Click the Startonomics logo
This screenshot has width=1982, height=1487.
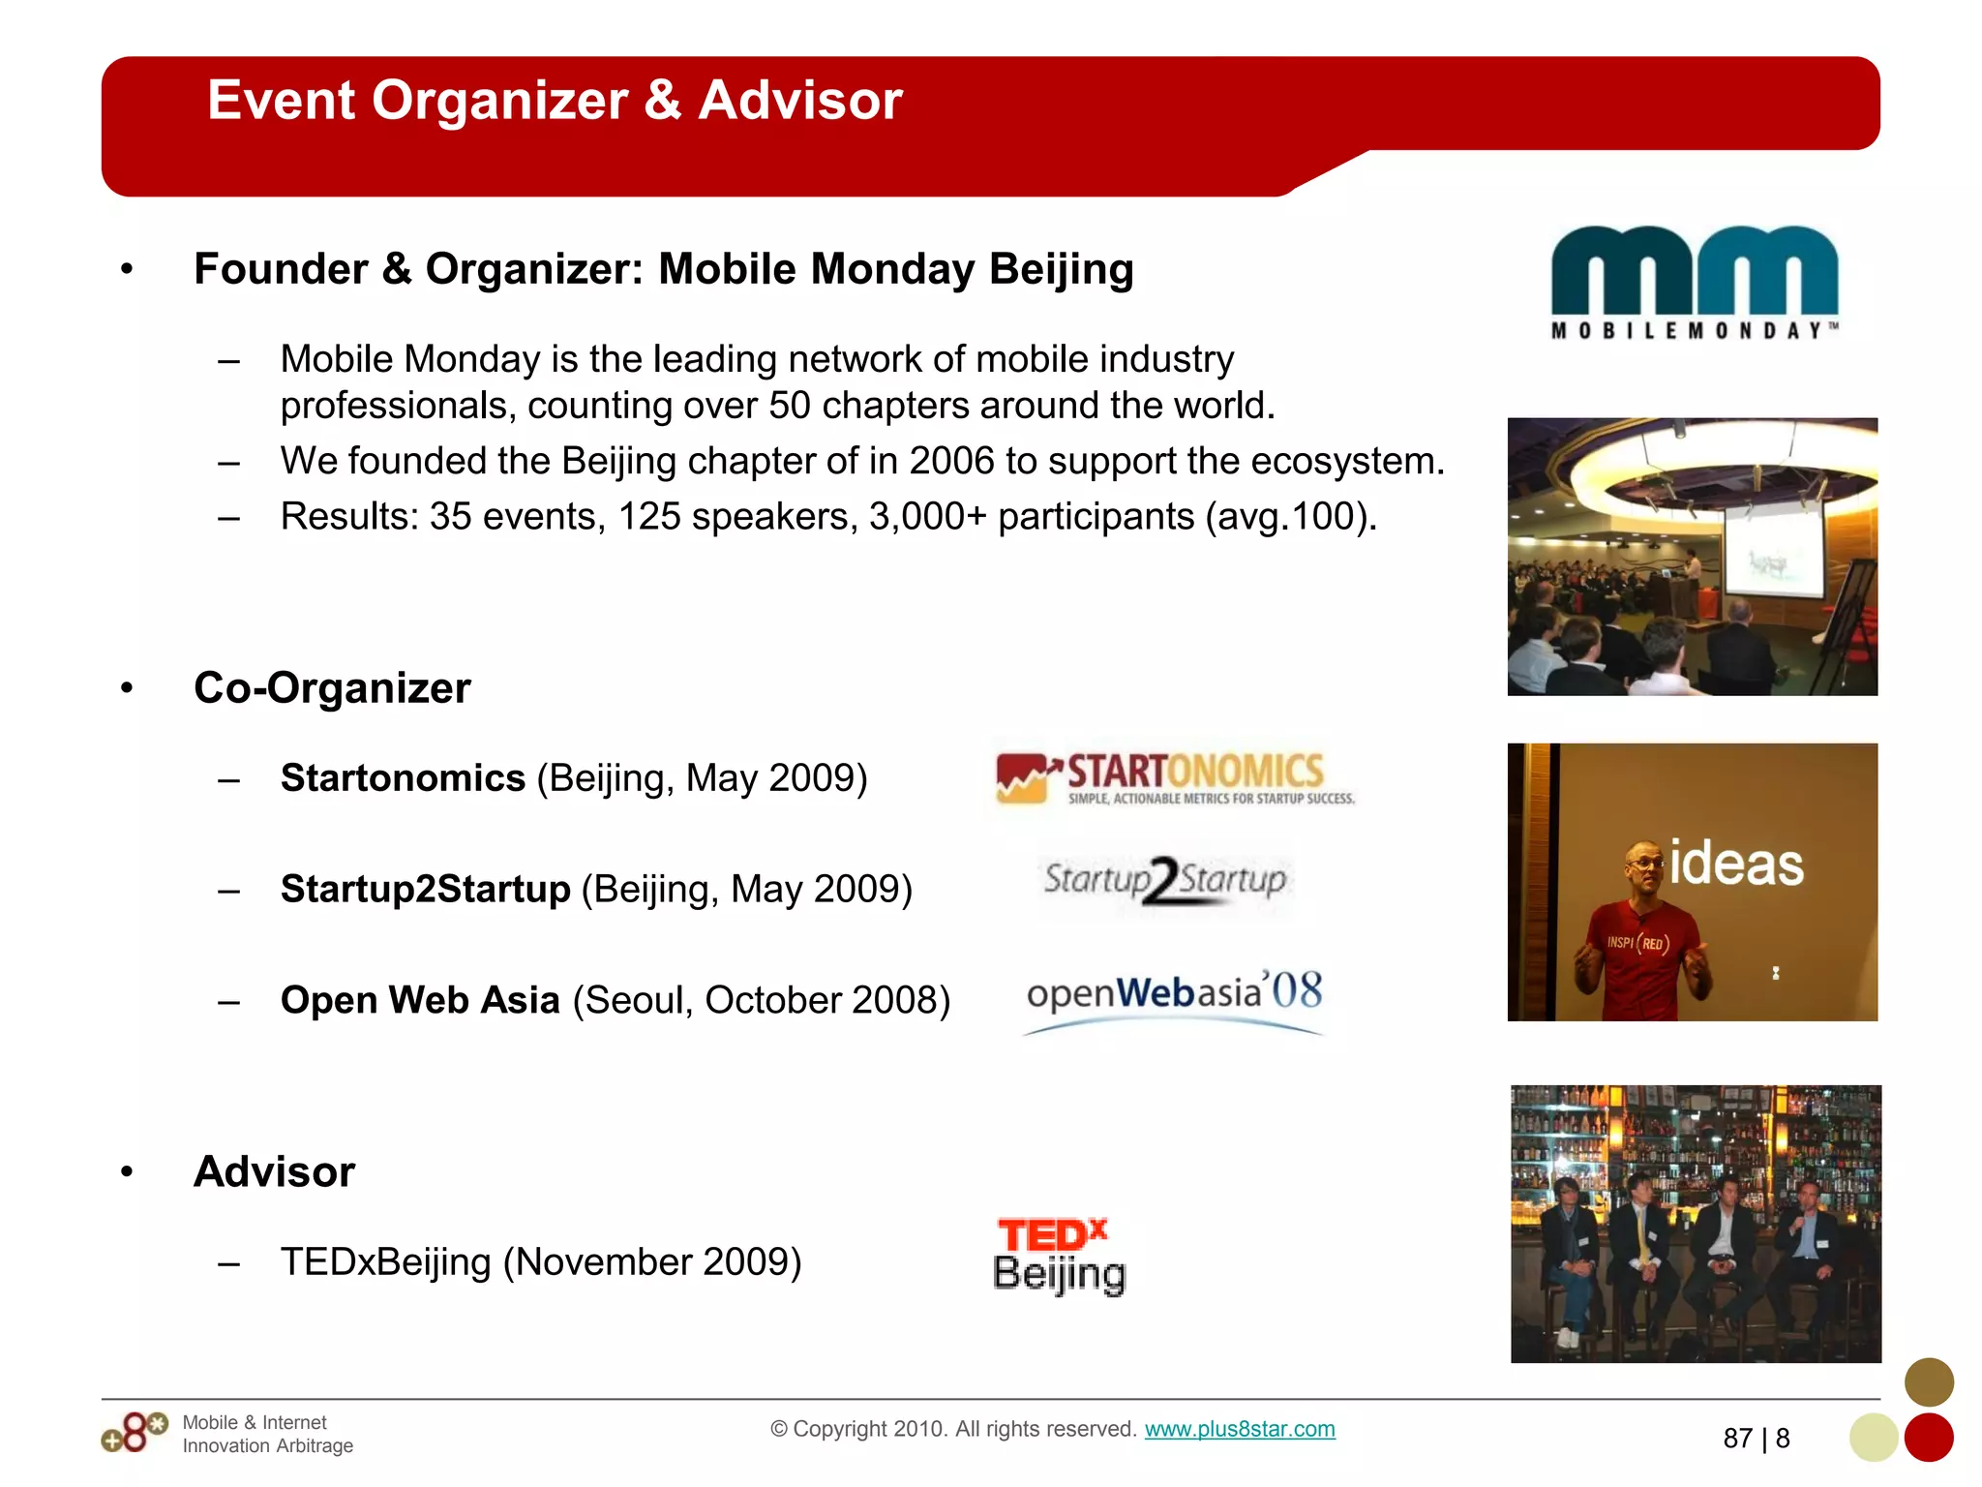1175,778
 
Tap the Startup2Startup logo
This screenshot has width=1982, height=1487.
1164,880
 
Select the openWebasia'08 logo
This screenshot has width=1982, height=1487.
1174,997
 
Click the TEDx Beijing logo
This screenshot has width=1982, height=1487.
1059,1256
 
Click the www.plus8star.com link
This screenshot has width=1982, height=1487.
1239,1429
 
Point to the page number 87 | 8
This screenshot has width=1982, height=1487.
1756,1439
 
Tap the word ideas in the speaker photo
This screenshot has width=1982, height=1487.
1736,865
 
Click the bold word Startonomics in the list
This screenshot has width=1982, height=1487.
403,778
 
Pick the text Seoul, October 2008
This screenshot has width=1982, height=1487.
761,1000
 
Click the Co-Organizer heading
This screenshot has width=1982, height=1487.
332,688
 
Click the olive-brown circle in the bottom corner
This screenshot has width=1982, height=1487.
1928,1381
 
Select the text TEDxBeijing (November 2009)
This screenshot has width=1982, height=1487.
540,1262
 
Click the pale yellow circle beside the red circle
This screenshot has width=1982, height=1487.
1873,1438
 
